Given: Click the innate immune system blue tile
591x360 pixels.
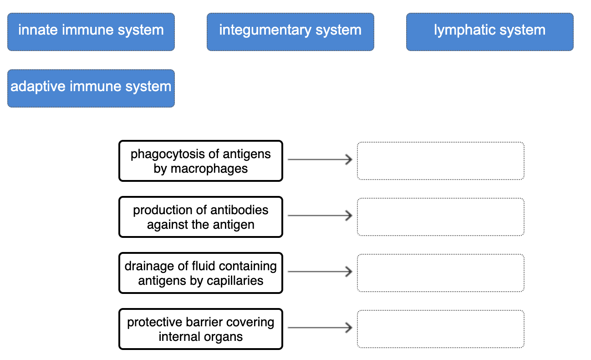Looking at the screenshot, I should pyautogui.click(x=91, y=31).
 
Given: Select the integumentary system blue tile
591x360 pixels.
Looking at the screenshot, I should pyautogui.click(x=290, y=31).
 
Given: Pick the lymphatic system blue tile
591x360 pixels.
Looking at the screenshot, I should pyautogui.click(x=489, y=31).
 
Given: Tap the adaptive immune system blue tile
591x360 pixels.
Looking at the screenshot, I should pyautogui.click(x=91, y=88).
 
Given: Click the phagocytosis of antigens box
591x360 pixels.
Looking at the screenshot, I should pyautogui.click(x=200, y=161).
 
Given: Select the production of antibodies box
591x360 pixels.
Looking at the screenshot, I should pyautogui.click(x=200, y=217).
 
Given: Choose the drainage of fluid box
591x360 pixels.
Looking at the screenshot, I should pyautogui.click(x=200, y=273).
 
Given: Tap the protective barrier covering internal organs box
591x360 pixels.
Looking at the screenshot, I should pyautogui.click(x=200, y=329).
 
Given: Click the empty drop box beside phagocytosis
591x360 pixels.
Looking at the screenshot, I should pyautogui.click(x=440, y=161).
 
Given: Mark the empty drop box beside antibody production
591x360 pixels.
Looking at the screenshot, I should pyautogui.click(x=440, y=217).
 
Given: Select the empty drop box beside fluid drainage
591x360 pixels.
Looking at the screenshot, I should pyautogui.click(x=440, y=273).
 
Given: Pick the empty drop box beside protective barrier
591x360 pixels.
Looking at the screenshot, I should pyautogui.click(x=440, y=329).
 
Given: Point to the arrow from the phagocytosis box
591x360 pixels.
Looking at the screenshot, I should pyautogui.click(x=320, y=159).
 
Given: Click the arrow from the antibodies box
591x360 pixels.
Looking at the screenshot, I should pyautogui.click(x=320, y=216).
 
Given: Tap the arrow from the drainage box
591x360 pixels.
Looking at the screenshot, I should pyautogui.click(x=320, y=272).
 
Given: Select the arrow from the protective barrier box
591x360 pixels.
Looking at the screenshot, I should pyautogui.click(x=320, y=328).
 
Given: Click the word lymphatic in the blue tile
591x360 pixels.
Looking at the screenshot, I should pyautogui.click(x=462, y=30).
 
